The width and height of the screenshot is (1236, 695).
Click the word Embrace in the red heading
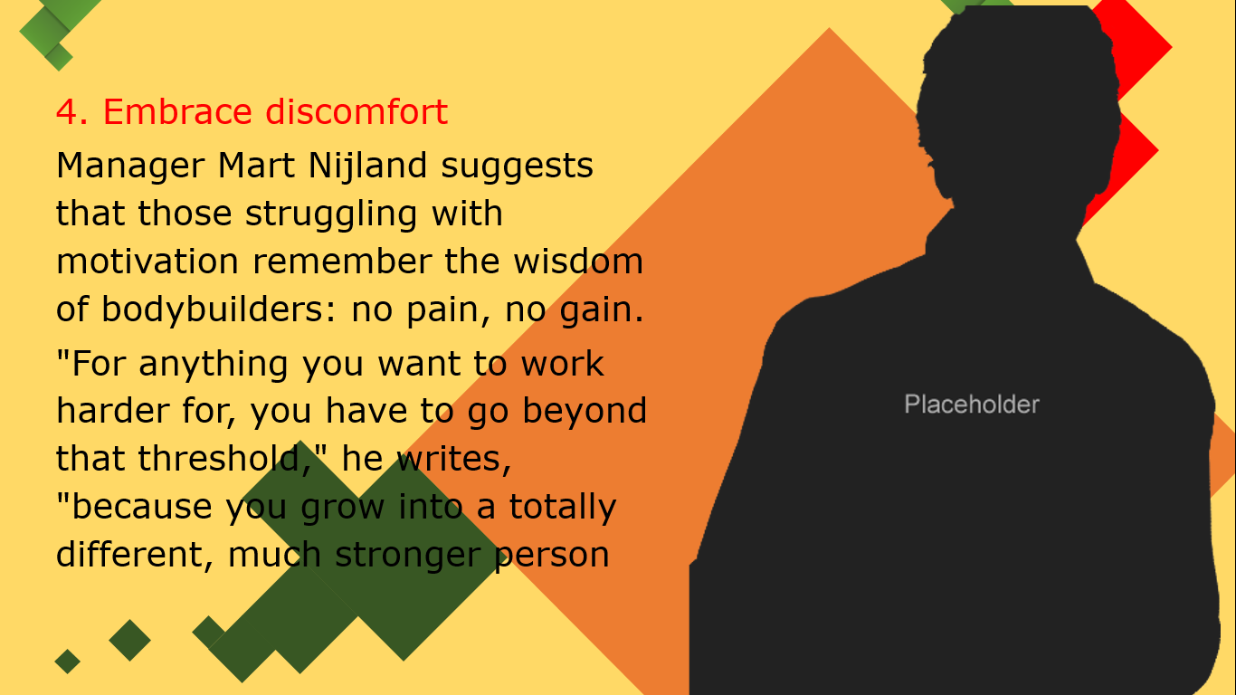point(177,112)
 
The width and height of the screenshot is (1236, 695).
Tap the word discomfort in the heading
point(357,112)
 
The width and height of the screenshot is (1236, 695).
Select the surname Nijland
point(367,167)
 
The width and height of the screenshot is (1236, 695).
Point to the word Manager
point(131,167)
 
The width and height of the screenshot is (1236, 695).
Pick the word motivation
point(147,262)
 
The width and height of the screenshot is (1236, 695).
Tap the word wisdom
point(578,262)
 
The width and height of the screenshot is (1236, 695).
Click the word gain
point(602,310)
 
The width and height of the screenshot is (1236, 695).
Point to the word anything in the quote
point(214,365)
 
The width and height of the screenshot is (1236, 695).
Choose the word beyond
point(585,412)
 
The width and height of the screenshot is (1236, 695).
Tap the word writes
point(454,459)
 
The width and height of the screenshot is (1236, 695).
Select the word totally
point(562,508)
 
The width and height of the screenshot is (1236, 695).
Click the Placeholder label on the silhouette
point(972,405)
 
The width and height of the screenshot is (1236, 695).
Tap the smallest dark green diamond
point(67,662)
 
